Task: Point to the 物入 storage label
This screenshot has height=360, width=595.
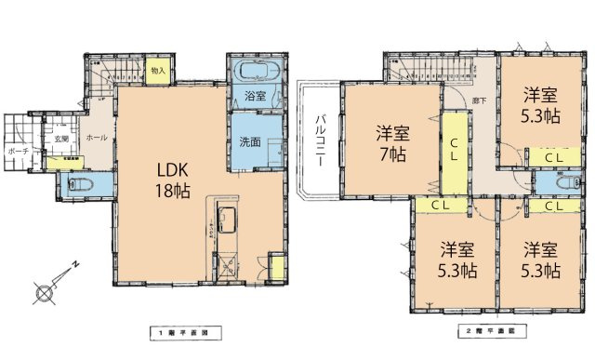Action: [158, 70]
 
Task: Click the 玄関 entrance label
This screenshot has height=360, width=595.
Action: [61, 138]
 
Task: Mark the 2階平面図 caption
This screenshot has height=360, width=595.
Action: [490, 331]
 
